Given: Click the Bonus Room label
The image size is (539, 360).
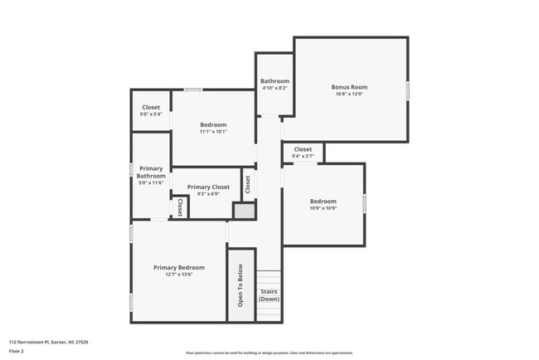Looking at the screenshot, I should (x=349, y=87).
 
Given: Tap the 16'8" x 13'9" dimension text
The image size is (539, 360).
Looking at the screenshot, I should (x=349, y=95).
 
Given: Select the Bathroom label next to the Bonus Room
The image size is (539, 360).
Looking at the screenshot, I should (x=274, y=81).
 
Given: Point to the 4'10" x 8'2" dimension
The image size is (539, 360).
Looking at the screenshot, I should (x=274, y=88).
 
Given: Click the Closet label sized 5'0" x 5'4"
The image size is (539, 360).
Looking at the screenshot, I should (x=151, y=107).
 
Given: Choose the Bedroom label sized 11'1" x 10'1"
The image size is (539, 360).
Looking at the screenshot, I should (x=213, y=124).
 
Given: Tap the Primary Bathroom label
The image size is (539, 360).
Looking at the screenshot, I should (x=151, y=172).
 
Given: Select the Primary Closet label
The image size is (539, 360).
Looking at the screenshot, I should (x=208, y=187).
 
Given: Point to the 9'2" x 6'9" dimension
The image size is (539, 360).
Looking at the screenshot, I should (x=208, y=195).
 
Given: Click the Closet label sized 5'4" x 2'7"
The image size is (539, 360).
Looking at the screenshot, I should (x=303, y=149).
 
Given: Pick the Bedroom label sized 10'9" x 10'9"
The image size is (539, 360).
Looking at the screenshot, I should (x=323, y=202).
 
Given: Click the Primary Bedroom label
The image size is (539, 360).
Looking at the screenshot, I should (x=178, y=267).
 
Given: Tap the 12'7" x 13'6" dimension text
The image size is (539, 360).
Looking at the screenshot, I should (x=178, y=275).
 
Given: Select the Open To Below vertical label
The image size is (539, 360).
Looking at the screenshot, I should (x=240, y=286).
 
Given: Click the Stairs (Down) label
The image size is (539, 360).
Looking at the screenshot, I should (x=269, y=294).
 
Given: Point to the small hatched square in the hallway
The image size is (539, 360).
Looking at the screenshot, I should (x=242, y=211).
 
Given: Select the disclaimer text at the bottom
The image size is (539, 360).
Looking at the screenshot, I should (x=270, y=353).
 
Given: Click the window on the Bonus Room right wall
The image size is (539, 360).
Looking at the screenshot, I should (x=408, y=90).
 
